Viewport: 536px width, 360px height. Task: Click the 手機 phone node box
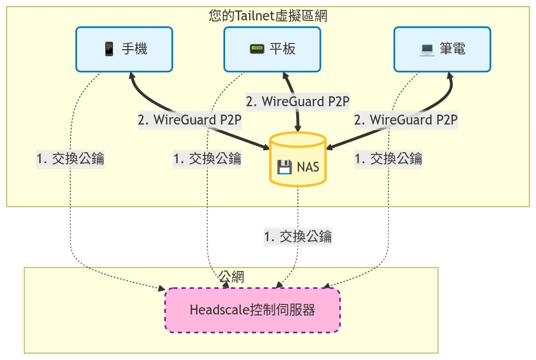(124, 49)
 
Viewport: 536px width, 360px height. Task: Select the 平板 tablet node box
(272, 49)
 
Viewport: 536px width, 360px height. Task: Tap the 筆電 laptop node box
(442, 49)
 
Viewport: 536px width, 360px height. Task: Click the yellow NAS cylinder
(298, 160)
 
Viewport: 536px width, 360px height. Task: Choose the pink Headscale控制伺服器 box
(252, 310)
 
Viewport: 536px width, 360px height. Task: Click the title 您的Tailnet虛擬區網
(268, 16)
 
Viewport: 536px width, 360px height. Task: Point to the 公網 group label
(231, 276)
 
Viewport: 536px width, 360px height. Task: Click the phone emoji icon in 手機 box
(109, 49)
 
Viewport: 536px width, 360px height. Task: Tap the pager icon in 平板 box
(256, 49)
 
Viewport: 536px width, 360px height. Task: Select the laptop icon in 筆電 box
(427, 49)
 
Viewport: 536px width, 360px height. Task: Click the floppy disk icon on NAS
(284, 167)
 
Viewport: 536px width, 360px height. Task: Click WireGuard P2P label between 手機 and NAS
(189, 120)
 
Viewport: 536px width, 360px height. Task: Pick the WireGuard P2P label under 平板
(297, 102)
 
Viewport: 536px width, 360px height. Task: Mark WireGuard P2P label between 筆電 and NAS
(406, 120)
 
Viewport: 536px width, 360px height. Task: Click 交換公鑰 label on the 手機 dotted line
(70, 159)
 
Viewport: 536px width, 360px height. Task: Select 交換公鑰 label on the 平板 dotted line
(207, 159)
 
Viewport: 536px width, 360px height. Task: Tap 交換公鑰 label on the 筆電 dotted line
(388, 158)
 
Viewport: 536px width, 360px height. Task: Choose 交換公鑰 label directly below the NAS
(298, 237)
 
